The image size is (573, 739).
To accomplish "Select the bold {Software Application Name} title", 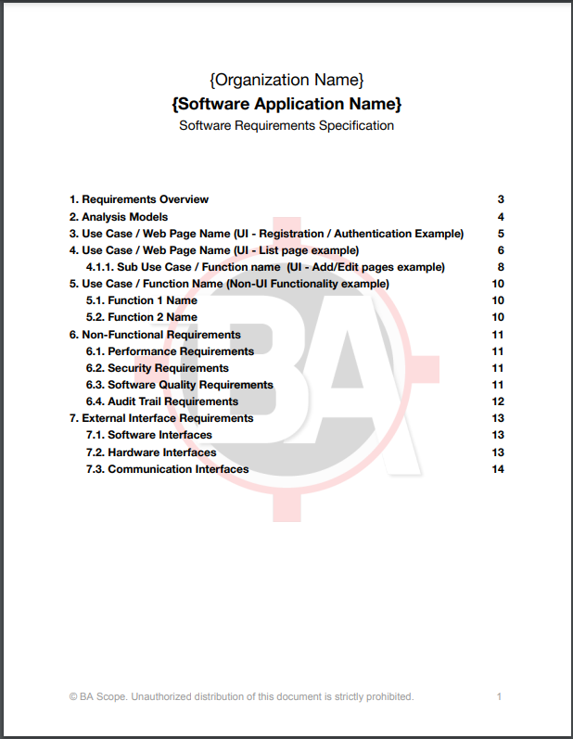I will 286,102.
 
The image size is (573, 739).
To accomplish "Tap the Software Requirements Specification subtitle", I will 286,125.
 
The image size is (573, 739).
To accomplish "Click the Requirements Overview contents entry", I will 139,199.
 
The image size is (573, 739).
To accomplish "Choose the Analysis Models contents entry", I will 119,217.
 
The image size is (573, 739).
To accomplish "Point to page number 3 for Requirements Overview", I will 501,199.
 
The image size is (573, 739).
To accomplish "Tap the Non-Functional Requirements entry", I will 155,335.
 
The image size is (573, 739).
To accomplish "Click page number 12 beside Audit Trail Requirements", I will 498,401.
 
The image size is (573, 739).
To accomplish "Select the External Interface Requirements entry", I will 161,418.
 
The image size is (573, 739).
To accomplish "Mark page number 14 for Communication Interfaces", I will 498,469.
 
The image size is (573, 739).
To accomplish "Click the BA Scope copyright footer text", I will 241,696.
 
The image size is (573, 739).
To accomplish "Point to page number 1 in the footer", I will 499,696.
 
